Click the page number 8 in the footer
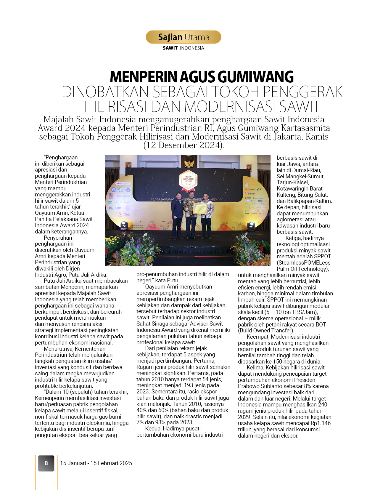click(x=46, y=463)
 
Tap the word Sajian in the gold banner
click(x=170, y=37)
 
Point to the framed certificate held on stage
click(x=200, y=209)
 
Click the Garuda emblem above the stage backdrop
click(x=188, y=163)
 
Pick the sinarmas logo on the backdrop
click(x=250, y=193)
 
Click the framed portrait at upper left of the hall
click(x=128, y=165)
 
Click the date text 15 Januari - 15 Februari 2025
click(x=96, y=463)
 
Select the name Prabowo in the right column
click(x=248, y=386)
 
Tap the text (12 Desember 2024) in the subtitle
click(x=183, y=145)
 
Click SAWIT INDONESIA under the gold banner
click(x=183, y=48)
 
